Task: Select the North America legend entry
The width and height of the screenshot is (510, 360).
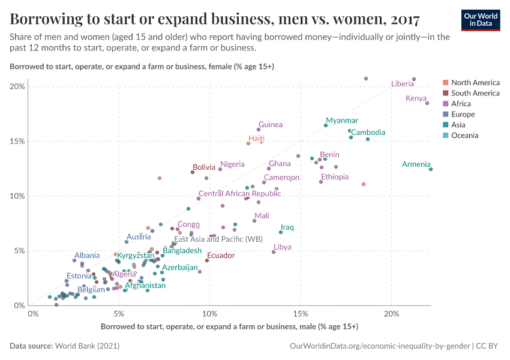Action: click(x=475, y=82)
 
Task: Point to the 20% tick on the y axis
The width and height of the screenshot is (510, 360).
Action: click(x=17, y=86)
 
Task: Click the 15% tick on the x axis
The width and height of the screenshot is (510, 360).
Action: click(x=301, y=313)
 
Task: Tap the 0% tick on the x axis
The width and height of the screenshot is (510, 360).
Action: click(x=33, y=313)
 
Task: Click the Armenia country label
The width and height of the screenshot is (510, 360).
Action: click(x=416, y=164)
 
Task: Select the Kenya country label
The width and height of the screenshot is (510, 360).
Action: click(x=416, y=98)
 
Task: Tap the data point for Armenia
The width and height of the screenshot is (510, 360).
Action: click(x=431, y=169)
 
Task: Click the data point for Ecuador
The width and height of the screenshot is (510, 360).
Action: click(x=207, y=260)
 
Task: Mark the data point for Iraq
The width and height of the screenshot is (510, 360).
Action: click(x=280, y=232)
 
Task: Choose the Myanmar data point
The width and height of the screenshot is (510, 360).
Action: click(x=326, y=125)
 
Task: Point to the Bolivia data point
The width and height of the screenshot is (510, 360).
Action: click(x=193, y=172)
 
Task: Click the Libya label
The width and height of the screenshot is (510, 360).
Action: click(x=283, y=247)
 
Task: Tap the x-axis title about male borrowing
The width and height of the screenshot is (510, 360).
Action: click(x=229, y=327)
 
